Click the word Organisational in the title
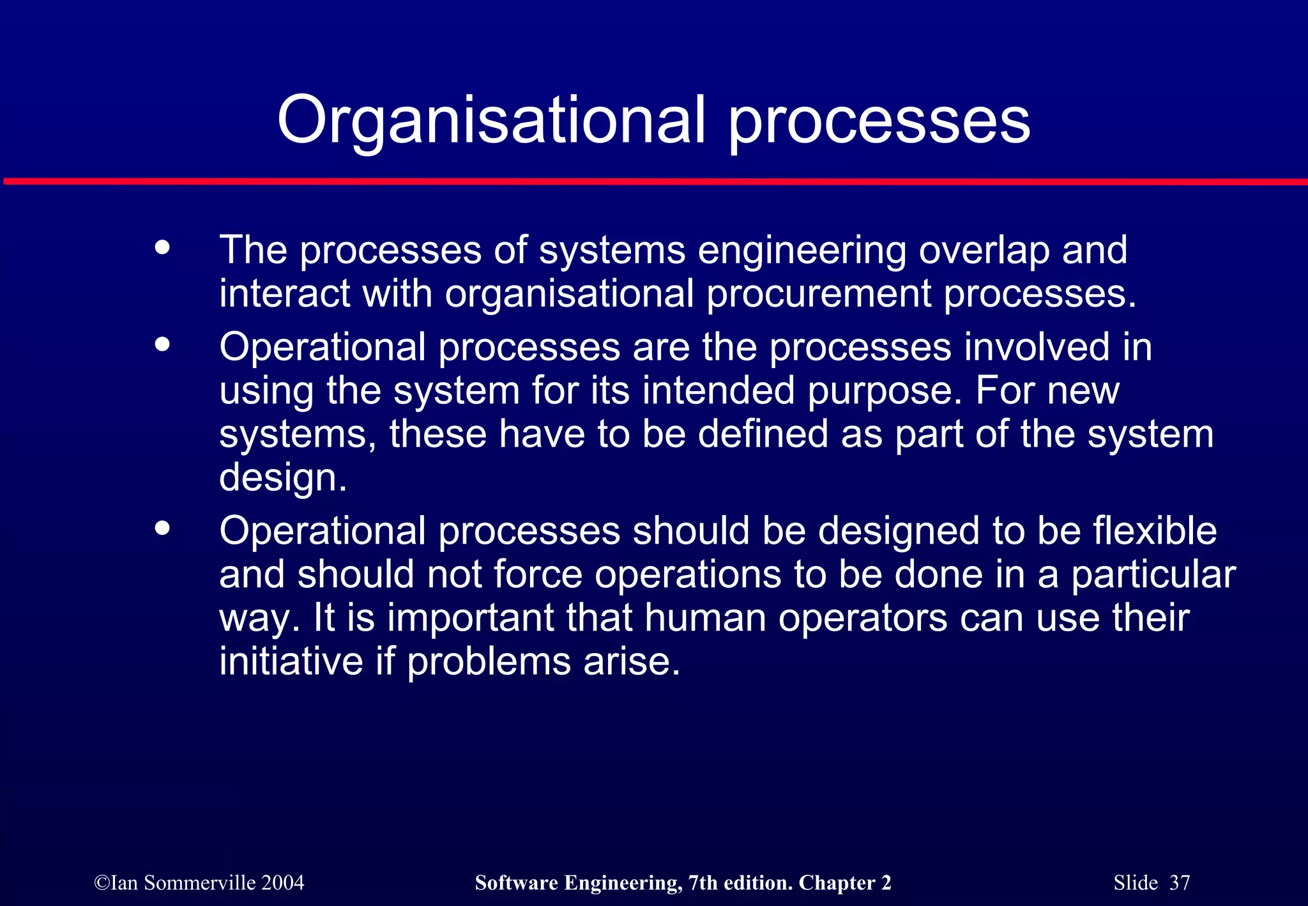(490, 120)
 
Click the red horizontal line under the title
(654, 182)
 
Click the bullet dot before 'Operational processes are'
(163, 344)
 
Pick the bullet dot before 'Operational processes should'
(163, 528)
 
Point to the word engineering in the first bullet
(802, 250)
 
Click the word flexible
(1155, 531)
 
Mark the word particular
(1153, 575)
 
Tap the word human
(705, 618)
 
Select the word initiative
(291, 661)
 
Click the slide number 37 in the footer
(1180, 883)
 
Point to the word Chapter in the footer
(837, 883)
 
